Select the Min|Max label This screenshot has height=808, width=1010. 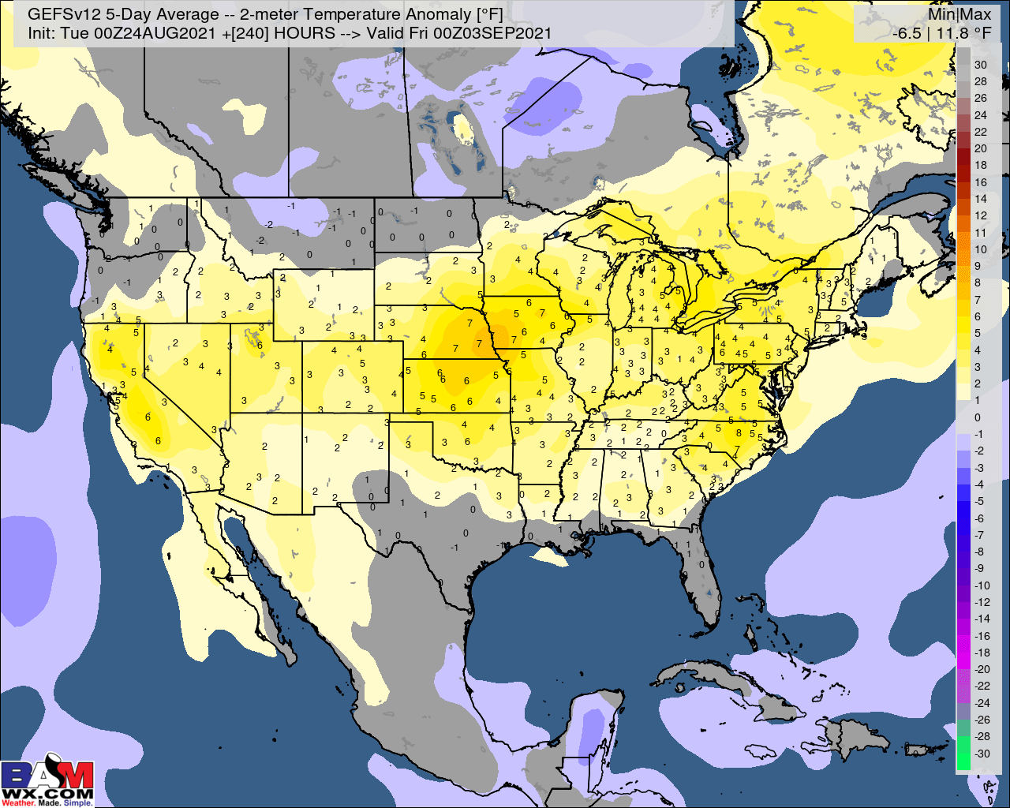point(959,14)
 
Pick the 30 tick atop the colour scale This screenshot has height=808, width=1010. point(980,65)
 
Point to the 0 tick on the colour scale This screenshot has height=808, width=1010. point(978,417)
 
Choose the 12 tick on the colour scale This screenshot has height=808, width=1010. point(980,215)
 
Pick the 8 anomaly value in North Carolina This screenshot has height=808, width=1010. point(739,432)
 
